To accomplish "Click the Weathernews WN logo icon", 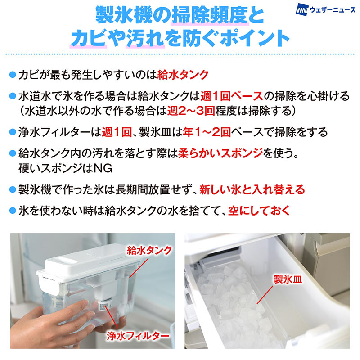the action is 301,10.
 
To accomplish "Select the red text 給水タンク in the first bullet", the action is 183,75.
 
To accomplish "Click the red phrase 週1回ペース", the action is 232,96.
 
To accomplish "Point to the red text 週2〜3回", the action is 191,111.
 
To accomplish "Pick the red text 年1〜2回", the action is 207,132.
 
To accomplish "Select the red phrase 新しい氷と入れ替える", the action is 252,189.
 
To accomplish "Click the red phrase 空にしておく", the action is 259,211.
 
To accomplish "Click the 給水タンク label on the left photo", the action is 149,251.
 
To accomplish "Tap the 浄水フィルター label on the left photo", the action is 138,336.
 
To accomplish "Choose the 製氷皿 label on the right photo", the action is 288,279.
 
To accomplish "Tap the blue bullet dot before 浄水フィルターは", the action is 13,132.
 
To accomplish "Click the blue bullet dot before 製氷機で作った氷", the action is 13,190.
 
